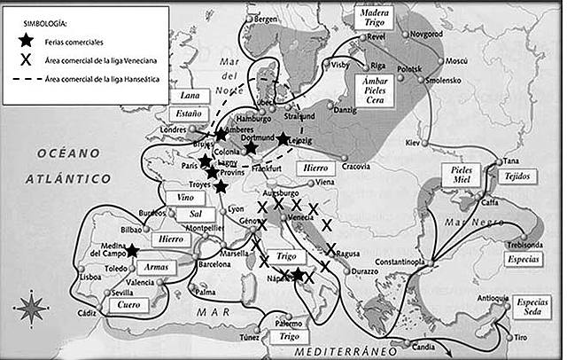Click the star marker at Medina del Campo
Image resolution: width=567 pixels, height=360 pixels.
click(x=131, y=251)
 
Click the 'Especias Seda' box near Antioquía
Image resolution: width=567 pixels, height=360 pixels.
click(x=535, y=308)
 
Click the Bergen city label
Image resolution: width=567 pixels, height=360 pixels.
click(x=266, y=19)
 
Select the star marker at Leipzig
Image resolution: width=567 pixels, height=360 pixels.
click(x=283, y=138)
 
